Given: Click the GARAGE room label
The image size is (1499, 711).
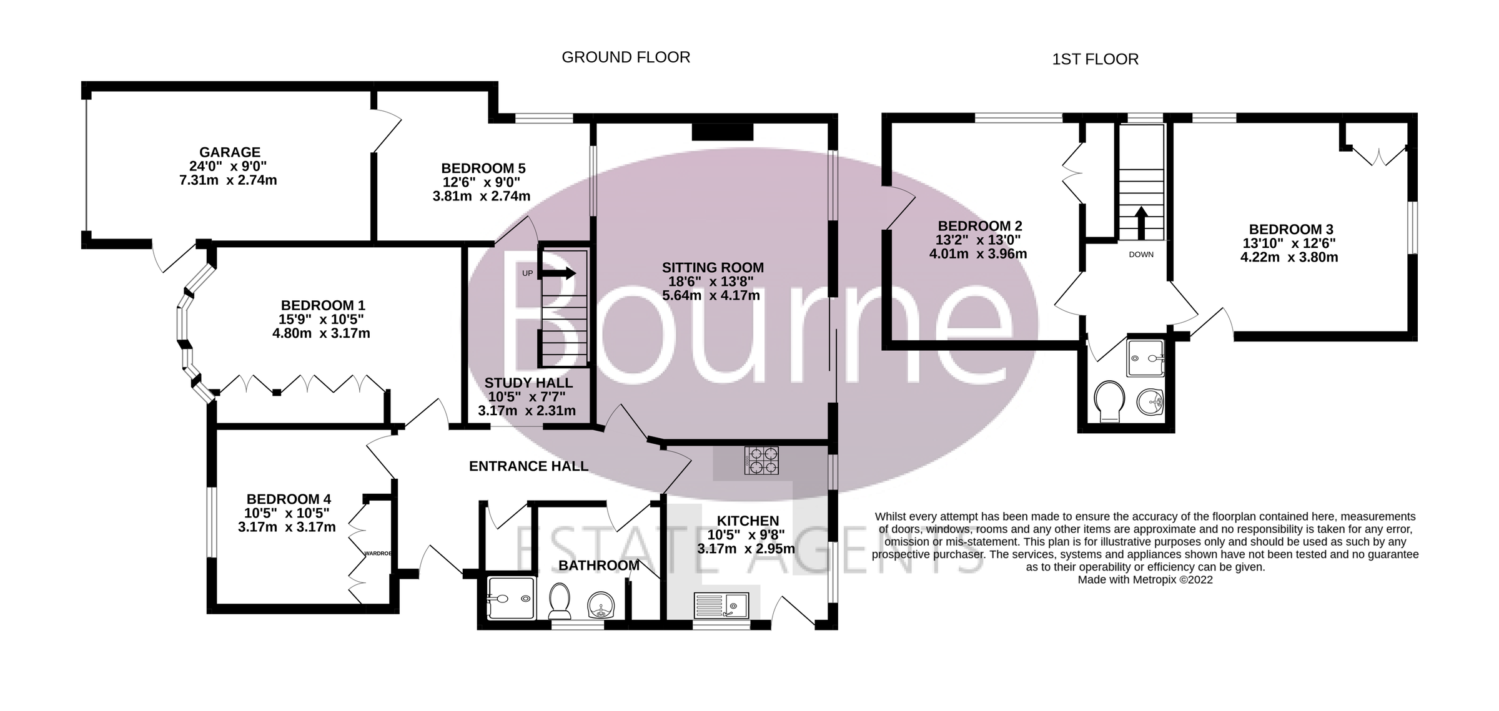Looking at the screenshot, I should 229,152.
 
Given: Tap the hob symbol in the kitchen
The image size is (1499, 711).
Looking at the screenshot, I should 761,461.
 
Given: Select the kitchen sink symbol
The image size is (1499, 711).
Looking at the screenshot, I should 721,605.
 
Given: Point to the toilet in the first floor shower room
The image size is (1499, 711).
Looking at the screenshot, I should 1109,401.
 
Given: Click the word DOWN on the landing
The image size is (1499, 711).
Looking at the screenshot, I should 1141,255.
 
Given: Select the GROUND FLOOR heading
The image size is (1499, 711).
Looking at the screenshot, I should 626,57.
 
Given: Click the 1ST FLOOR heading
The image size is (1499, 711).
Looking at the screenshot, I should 1095,59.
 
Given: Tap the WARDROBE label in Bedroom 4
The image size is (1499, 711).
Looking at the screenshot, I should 378,553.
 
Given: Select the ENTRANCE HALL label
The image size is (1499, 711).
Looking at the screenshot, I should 528,466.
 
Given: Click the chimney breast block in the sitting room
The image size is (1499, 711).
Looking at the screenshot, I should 723,132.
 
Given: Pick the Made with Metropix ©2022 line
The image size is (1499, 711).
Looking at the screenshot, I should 1145,580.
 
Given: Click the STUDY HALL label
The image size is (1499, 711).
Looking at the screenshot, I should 528,383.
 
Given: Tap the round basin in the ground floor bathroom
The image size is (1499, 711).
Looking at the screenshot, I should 601,604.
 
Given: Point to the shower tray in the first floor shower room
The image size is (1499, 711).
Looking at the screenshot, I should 1145,358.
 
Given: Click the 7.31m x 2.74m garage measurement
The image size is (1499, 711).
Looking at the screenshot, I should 228,180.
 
